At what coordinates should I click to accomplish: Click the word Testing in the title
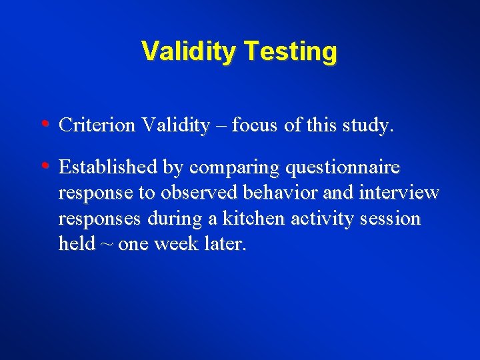tap(290, 51)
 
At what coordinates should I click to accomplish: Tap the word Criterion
tap(97, 125)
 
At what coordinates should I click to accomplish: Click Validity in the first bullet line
tap(175, 125)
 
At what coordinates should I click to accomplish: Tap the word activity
tap(320, 219)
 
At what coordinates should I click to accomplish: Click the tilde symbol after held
tap(107, 245)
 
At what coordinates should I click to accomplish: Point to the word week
tap(175, 244)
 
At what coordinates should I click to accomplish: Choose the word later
tap(224, 244)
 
